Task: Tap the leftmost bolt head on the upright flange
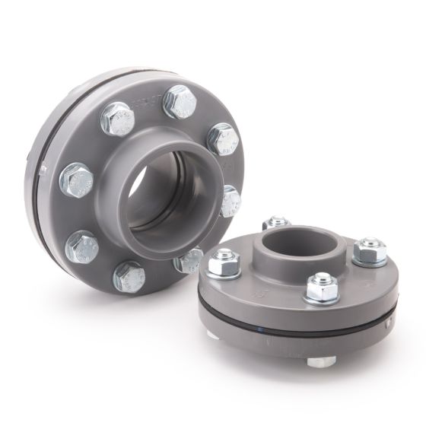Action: coord(78,180)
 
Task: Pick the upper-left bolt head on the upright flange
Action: coord(118,118)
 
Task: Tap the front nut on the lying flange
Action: coord(321,288)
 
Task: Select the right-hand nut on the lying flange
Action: coord(371,250)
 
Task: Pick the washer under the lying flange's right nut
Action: coord(371,261)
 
